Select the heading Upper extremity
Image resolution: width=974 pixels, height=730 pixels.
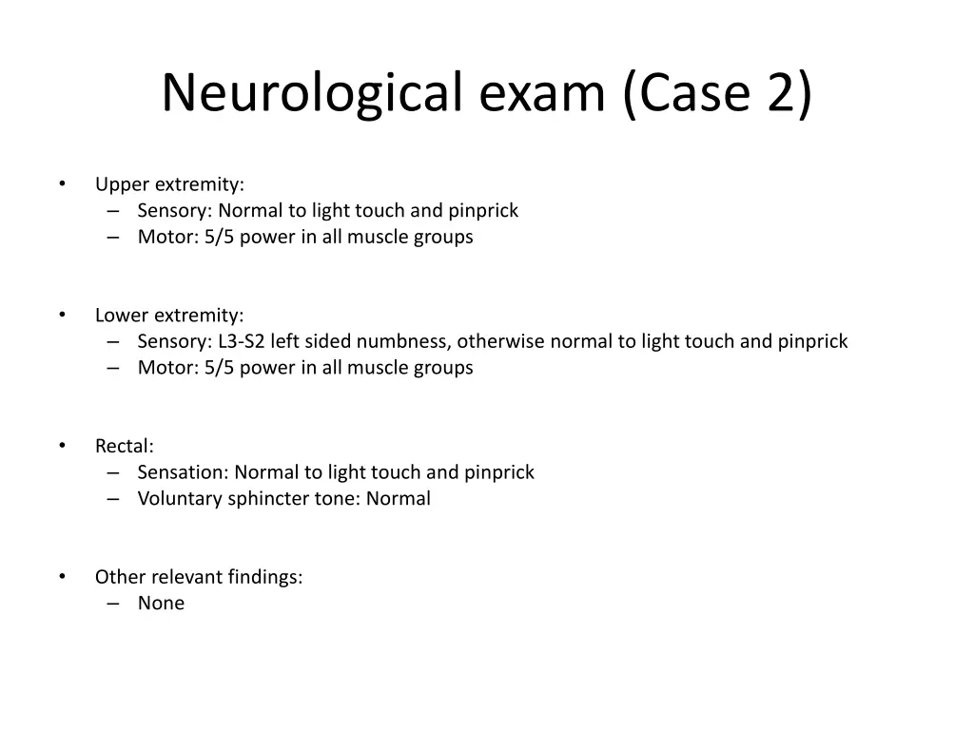point(169,184)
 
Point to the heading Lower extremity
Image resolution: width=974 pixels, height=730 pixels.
point(169,315)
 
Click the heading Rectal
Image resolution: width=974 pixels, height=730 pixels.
point(124,446)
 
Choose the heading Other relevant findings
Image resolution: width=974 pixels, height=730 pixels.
point(199,576)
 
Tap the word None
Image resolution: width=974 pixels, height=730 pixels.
point(161,603)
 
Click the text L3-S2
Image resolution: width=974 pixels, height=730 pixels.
point(242,341)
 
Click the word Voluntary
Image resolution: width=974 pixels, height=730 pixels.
point(180,498)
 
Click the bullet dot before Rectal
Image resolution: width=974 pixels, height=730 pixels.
point(62,445)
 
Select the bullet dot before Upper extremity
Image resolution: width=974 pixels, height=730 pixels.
point(62,183)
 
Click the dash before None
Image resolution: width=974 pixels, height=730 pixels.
point(114,603)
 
